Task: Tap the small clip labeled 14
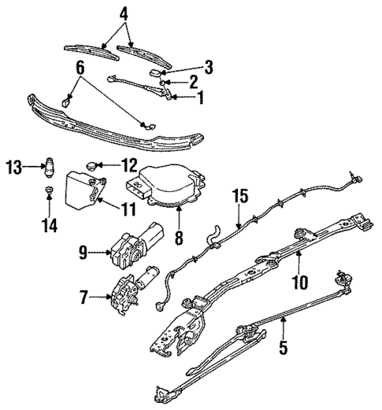[48, 191]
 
